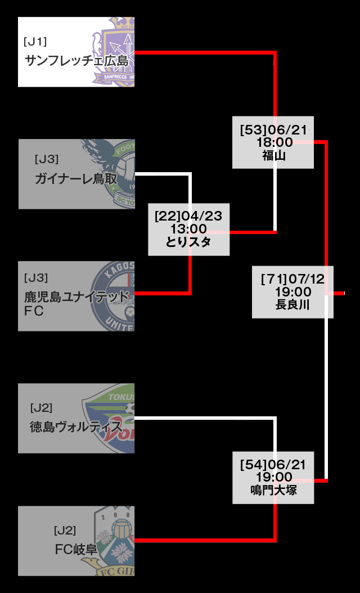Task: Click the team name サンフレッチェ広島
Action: [x=76, y=61]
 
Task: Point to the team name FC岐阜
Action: [x=76, y=549]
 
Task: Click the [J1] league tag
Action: [x=35, y=42]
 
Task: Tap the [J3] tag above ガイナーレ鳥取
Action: [x=46, y=159]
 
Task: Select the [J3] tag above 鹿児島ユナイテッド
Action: [x=36, y=277]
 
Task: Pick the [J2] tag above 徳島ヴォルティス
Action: [x=42, y=408]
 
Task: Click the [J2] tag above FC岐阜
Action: [x=65, y=530]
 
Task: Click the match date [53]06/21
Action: [x=273, y=130]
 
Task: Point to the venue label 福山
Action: [x=274, y=155]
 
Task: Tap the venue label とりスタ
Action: [x=188, y=242]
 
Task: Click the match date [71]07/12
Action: [x=293, y=279]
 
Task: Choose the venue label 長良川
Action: [x=293, y=305]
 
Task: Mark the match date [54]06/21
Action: [x=273, y=465]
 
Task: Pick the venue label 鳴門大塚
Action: [x=273, y=490]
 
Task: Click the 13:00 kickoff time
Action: [x=188, y=230]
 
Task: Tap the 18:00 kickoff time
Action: [x=274, y=142]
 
